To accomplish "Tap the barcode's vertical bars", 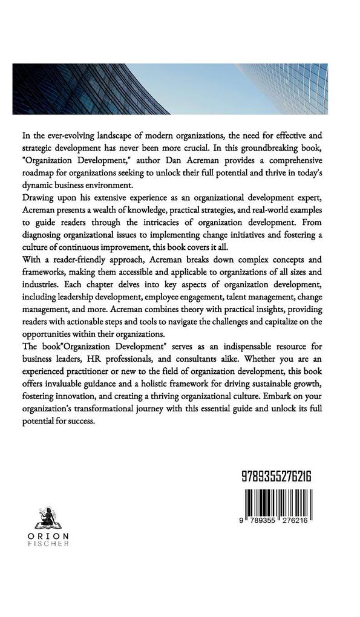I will tap(275, 500).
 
